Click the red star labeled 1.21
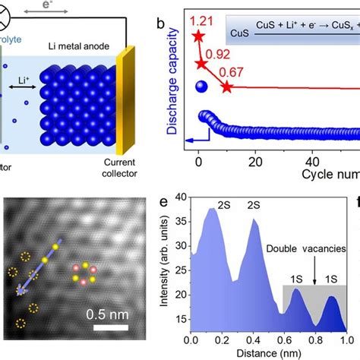point(199,36)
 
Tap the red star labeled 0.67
point(226,87)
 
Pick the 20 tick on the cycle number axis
point(256,161)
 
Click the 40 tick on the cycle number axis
point(313,161)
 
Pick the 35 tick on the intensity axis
point(182,221)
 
